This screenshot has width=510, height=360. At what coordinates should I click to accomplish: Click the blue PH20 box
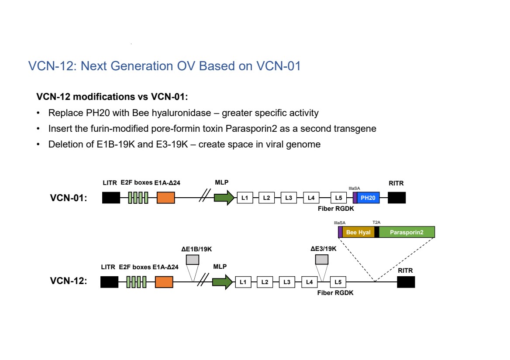click(x=368, y=198)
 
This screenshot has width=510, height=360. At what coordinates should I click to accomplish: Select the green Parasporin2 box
click(x=407, y=232)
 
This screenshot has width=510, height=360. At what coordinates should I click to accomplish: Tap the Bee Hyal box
click(x=358, y=232)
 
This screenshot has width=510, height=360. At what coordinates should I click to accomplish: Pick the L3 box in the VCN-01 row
click(x=289, y=198)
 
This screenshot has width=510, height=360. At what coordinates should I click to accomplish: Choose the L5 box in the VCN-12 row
click(x=338, y=282)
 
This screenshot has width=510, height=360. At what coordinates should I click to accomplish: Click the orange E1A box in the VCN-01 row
click(x=165, y=198)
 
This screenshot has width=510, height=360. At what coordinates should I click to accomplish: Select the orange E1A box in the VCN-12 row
click(x=164, y=282)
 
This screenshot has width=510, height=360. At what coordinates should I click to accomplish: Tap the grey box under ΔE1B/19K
click(x=193, y=260)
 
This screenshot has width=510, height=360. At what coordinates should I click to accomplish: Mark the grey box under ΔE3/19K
click(x=322, y=260)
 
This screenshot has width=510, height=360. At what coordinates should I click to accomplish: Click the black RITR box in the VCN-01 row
click(x=396, y=198)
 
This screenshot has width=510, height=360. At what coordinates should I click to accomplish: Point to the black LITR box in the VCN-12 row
click(x=109, y=282)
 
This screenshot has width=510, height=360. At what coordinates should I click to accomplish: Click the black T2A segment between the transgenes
click(x=376, y=232)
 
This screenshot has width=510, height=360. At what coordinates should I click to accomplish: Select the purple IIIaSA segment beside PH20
click(x=355, y=198)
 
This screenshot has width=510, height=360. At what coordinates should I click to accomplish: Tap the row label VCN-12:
click(x=69, y=281)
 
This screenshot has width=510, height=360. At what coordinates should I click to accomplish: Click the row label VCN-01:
click(x=69, y=198)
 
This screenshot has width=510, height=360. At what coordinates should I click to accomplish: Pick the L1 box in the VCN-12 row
click(x=243, y=282)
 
